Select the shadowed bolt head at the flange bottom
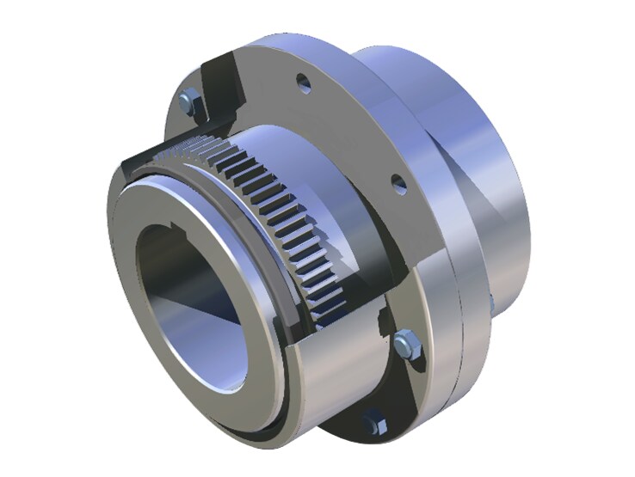372,422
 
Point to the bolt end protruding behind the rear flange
489,302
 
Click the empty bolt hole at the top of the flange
302,83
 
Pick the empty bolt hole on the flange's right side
398,183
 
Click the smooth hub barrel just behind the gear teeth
318,172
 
